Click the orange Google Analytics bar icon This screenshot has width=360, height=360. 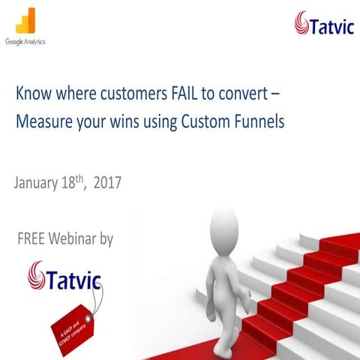25,21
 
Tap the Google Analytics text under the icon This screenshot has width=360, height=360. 25,42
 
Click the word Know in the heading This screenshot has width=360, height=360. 31,97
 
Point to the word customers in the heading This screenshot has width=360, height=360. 108,97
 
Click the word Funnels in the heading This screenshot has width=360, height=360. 259,122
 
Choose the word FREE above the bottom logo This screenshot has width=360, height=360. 33,239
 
